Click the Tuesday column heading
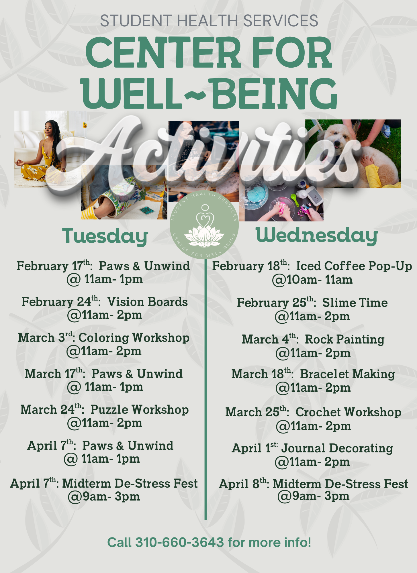tap(105, 236)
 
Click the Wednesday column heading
tap(317, 236)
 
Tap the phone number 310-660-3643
tap(179, 542)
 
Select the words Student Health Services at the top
tap(209, 21)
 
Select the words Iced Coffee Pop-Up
tap(354, 266)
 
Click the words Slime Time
tap(355, 303)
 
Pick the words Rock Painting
tap(344, 340)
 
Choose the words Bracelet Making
tap(347, 374)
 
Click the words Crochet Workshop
tap(348, 412)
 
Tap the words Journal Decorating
tap(337, 448)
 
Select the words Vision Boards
tap(148, 302)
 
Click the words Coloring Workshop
tap(134, 338)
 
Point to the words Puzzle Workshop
tap(140, 410)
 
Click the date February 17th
tap(53, 266)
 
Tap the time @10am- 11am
tap(312, 280)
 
